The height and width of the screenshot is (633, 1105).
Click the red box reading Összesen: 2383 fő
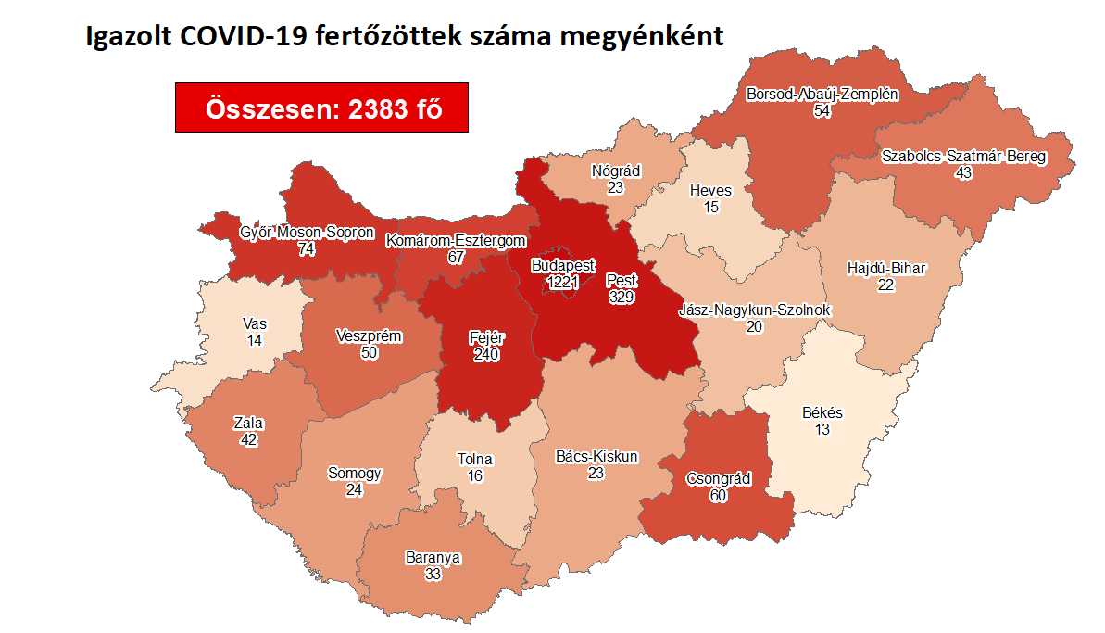[321, 108]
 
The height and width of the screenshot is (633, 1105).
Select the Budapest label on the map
[563, 265]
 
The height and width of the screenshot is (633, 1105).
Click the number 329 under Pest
[622, 297]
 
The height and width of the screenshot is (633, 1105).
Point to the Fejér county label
[485, 337]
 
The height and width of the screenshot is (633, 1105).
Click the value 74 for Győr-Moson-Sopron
[307, 249]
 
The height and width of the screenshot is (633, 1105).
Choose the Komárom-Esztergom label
[456, 241]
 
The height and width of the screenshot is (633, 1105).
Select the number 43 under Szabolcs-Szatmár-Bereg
[963, 172]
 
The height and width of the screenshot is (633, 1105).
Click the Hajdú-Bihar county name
[886, 269]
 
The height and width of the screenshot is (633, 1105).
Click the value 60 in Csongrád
[718, 495]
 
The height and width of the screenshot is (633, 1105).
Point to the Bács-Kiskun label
[596, 457]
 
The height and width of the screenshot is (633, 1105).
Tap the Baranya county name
[433, 558]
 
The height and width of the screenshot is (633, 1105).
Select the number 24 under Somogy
[355, 489]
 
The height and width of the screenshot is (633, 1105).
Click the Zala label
[248, 424]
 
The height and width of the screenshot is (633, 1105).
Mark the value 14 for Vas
[254, 341]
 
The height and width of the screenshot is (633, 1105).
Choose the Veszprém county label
[370, 335]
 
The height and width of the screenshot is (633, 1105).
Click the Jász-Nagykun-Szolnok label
[755, 310]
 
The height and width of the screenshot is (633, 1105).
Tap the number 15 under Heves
[710, 208]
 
